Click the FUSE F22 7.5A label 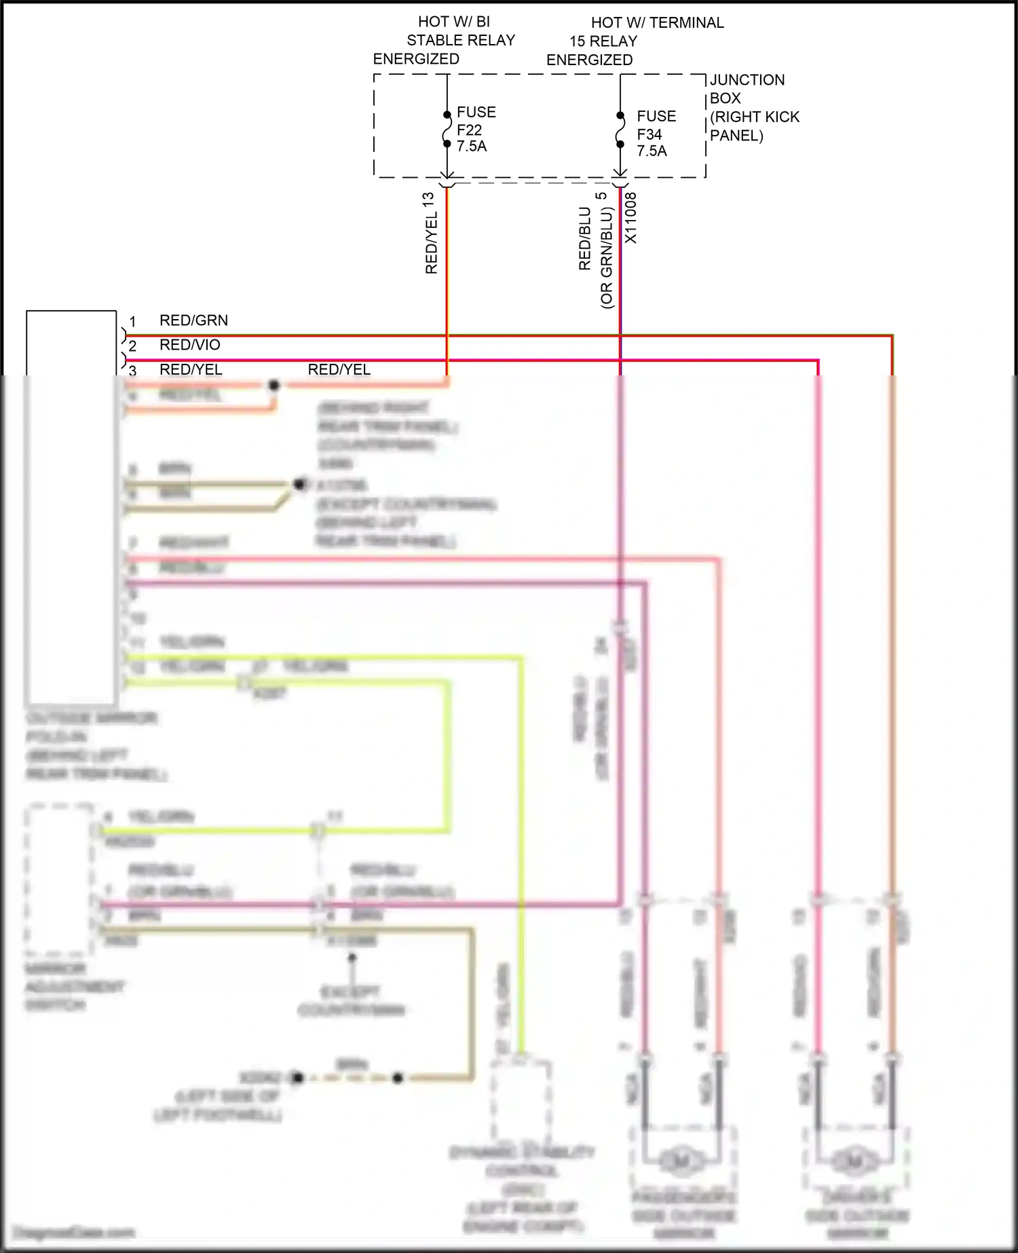click(476, 129)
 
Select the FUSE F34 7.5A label click(656, 134)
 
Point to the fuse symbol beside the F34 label click(620, 130)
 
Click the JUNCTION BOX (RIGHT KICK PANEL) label click(753, 107)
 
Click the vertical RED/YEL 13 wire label click(430, 233)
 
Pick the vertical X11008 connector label click(631, 217)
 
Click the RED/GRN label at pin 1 click(193, 320)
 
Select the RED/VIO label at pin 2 click(189, 345)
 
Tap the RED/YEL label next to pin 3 click(191, 369)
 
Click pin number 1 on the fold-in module click(132, 322)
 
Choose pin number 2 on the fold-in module click(132, 346)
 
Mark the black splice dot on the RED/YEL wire click(274, 386)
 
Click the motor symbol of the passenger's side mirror click(681, 1161)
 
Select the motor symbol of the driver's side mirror click(854, 1161)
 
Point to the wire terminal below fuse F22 click(447, 182)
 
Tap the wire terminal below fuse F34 click(620, 182)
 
